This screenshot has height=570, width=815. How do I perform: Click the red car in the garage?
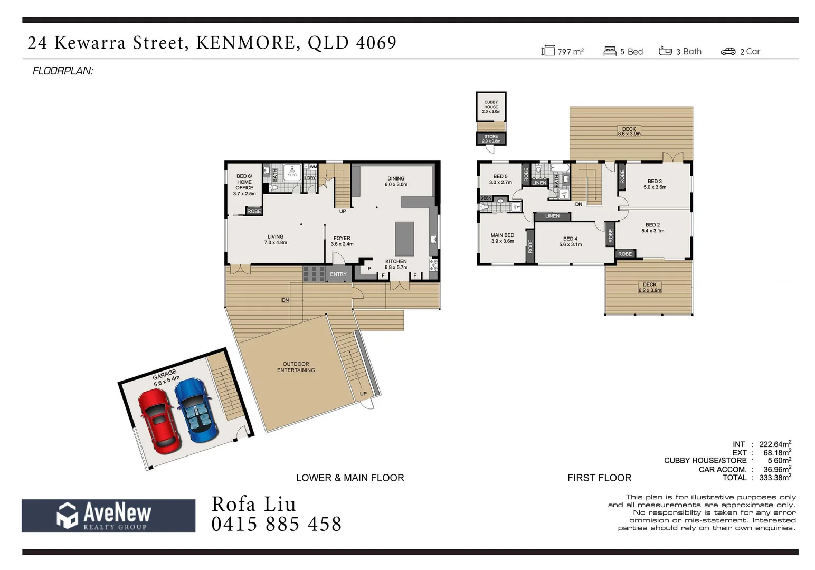click(x=159, y=421)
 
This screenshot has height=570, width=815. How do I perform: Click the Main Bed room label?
click(x=502, y=238)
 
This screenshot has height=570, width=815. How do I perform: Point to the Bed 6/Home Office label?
click(x=244, y=185)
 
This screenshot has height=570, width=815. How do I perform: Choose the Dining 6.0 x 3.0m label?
click(x=396, y=182)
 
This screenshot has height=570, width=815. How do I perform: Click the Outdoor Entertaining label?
click(x=296, y=367)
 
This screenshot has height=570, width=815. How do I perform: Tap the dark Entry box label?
click(x=338, y=274)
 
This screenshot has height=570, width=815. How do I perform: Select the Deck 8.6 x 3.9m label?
click(x=629, y=131)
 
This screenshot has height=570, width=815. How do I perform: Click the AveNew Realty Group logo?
click(x=108, y=515)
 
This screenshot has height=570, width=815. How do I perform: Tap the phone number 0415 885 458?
click(x=276, y=525)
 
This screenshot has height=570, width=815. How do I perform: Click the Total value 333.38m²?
click(x=774, y=478)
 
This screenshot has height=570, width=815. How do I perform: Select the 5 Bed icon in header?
click(x=610, y=51)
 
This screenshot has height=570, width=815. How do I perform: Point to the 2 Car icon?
click(x=728, y=51)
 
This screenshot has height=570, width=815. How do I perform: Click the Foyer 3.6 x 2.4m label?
click(x=342, y=241)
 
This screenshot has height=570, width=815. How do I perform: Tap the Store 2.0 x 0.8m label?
click(x=491, y=139)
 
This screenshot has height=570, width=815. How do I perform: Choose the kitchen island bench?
click(x=404, y=239)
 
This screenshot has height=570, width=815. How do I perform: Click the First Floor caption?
click(x=599, y=478)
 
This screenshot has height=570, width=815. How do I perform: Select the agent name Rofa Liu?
click(x=253, y=505)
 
